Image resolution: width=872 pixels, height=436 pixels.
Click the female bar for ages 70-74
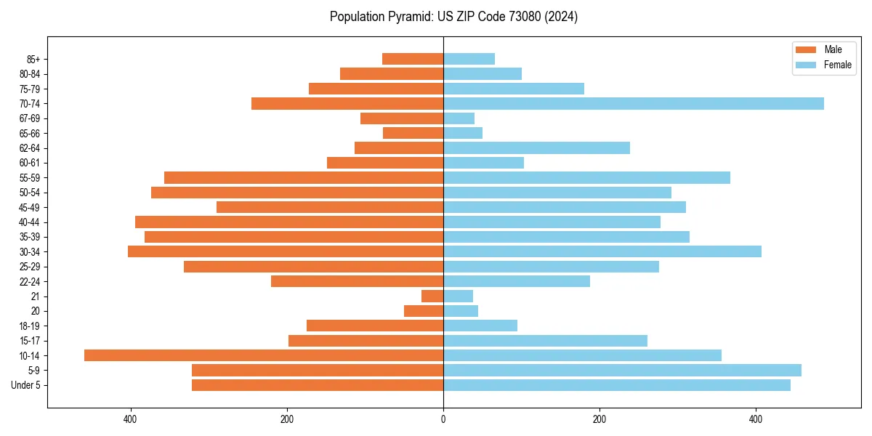tap(634, 104)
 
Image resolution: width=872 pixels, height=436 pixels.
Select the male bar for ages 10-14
tap(264, 355)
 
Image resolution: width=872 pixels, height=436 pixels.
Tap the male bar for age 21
tap(432, 296)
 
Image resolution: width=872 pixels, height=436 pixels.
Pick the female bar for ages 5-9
tap(622, 371)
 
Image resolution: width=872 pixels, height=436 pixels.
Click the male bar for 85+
tap(413, 59)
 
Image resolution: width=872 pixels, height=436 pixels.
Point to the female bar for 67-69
tap(459, 118)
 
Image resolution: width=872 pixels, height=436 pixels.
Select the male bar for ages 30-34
tap(286, 251)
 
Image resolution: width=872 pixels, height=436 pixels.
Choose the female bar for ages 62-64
tap(536, 148)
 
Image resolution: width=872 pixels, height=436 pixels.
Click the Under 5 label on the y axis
tap(26, 385)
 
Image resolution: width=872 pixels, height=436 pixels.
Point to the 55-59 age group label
tap(30, 178)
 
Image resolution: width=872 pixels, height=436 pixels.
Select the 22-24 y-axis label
tap(30, 282)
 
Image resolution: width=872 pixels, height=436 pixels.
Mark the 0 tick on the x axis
tap(443, 419)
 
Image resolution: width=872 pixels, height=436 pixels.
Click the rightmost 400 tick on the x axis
tap(756, 419)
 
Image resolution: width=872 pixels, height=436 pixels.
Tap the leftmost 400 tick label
tap(131, 419)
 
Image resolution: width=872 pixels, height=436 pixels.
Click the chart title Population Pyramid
tap(453, 17)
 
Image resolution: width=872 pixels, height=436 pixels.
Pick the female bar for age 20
tap(461, 311)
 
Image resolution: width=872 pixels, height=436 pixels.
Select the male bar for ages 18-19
tap(375, 326)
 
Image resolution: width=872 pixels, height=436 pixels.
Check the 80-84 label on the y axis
tap(30, 74)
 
